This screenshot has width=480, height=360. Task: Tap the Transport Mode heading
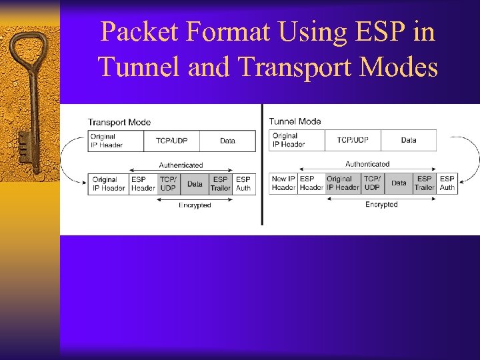pos(119,122)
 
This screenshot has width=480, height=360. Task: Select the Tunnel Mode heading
pos(295,121)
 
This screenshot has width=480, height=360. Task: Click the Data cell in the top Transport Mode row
pos(227,141)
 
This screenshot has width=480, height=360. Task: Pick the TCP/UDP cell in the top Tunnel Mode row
pos(353,140)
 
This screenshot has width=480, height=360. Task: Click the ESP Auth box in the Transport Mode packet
pos(243,183)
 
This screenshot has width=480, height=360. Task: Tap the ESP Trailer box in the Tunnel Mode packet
pos(424,183)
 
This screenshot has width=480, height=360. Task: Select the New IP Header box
pos(283,183)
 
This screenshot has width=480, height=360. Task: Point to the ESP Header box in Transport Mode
pos(143,183)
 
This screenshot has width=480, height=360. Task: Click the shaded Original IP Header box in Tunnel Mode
pos(343,183)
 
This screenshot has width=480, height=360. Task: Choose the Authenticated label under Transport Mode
pos(181,165)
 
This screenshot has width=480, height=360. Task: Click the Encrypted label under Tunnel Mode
pos(381,205)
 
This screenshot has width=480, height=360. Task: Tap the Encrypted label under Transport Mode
pos(195,205)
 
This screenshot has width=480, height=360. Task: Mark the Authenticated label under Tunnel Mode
pos(367,164)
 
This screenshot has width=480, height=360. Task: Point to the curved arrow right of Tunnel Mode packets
pos(472,159)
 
